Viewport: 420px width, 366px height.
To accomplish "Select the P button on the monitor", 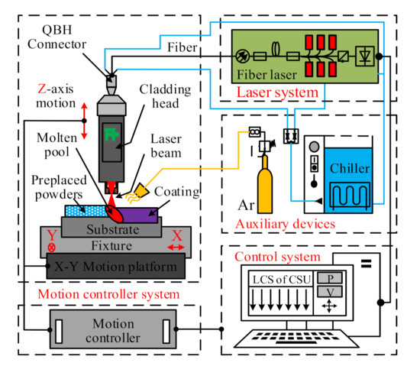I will (x=328, y=276).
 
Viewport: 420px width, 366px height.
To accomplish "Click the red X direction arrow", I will (x=175, y=248).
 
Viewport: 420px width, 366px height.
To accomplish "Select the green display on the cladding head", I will (x=113, y=135).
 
